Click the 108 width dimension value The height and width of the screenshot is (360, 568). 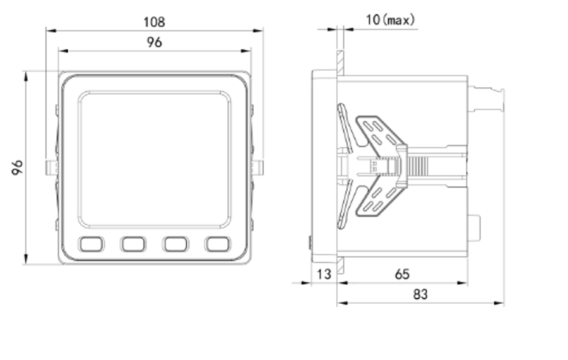pyautogui.click(x=155, y=22)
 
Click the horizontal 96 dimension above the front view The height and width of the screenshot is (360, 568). pyautogui.click(x=155, y=42)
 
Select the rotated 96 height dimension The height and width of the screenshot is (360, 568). pyautogui.click(x=17, y=167)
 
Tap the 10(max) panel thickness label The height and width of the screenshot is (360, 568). pyautogui.click(x=390, y=20)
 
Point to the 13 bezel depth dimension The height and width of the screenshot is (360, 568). pyautogui.click(x=324, y=274)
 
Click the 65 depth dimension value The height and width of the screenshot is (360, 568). pyautogui.click(x=402, y=274)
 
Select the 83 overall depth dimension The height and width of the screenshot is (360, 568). pyautogui.click(x=420, y=294)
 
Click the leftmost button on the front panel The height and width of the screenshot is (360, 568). pyautogui.click(x=92, y=244)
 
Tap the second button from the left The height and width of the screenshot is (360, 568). pyautogui.click(x=133, y=244)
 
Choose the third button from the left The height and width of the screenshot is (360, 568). pyautogui.click(x=175, y=244)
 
